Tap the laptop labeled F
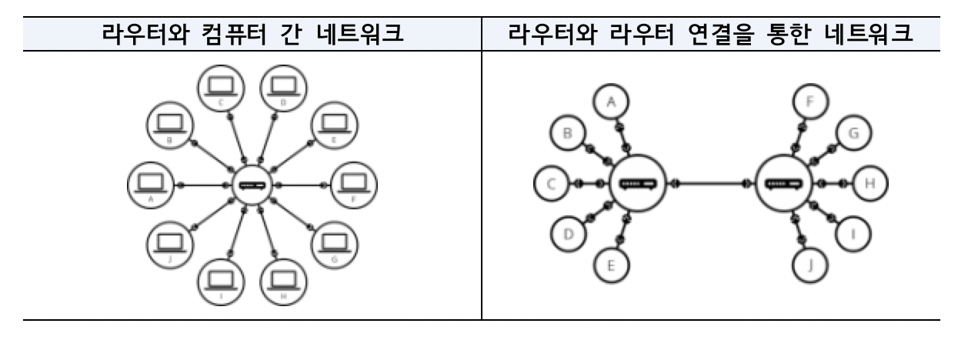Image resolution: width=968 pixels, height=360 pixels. coord(354,184)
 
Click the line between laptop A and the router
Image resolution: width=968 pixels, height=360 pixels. coord(205,185)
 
